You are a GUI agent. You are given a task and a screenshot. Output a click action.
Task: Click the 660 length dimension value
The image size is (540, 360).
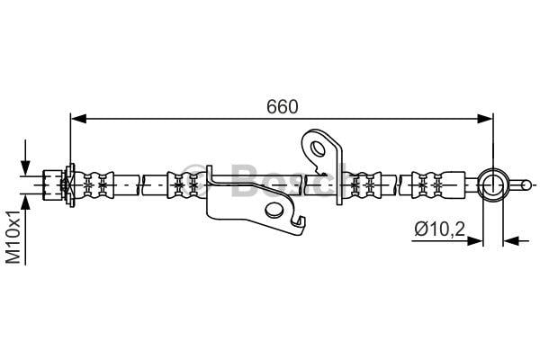282,107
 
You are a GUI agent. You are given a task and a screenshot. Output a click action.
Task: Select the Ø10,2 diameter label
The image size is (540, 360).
440,229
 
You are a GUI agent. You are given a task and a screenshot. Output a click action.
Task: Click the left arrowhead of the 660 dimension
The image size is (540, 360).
78,119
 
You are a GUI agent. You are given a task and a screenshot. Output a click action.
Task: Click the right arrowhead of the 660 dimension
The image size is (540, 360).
485,119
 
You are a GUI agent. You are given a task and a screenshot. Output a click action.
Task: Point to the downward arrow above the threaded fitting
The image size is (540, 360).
25,158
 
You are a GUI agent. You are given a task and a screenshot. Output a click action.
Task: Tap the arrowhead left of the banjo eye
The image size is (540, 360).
474,241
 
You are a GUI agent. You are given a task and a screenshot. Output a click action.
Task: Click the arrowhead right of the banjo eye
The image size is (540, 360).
511,241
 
